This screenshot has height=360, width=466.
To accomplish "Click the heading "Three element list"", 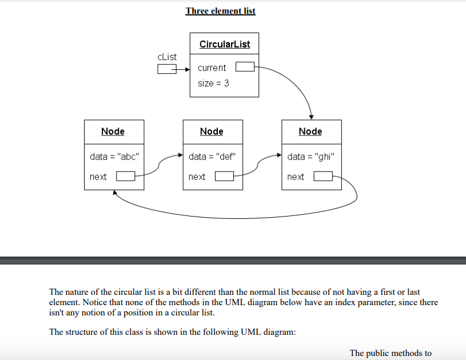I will pyautogui.click(x=220, y=11).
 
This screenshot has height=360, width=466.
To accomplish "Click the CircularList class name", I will pyautogui.click(x=224, y=44).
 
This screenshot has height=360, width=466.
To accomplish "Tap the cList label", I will pyautogui.click(x=167, y=57).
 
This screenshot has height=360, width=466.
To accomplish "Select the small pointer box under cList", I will pyautogui.click(x=166, y=69).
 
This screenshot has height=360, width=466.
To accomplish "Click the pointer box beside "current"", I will pyautogui.click(x=245, y=67).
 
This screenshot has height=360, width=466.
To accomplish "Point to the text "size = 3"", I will pyautogui.click(x=213, y=83).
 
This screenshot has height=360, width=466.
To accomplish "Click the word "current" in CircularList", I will pyautogui.click(x=212, y=67).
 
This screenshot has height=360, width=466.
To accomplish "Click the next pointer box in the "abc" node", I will pyautogui.click(x=125, y=177).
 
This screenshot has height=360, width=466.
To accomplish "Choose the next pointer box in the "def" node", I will pyautogui.click(x=224, y=177).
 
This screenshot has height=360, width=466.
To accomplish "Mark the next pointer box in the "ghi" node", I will pyautogui.click(x=323, y=177).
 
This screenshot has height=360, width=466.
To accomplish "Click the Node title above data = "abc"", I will pyautogui.click(x=113, y=131).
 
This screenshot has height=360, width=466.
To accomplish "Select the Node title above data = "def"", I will pyautogui.click(x=212, y=131).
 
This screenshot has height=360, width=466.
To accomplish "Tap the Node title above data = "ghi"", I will pyautogui.click(x=310, y=131).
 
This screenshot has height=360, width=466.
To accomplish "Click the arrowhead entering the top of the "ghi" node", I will pyautogui.click(x=311, y=117).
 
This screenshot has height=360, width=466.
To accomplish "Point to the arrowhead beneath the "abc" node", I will pyautogui.click(x=115, y=193).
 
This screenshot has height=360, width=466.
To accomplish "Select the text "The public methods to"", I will pyautogui.click(x=391, y=353).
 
